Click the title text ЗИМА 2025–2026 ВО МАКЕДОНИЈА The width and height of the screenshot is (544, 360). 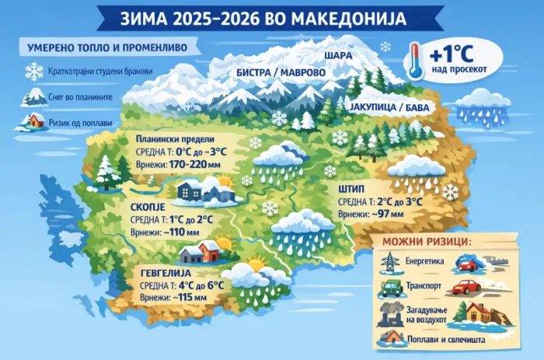272,16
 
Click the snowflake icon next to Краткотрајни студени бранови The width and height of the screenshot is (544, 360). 34,72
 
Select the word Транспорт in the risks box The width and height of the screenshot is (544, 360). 427,288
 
